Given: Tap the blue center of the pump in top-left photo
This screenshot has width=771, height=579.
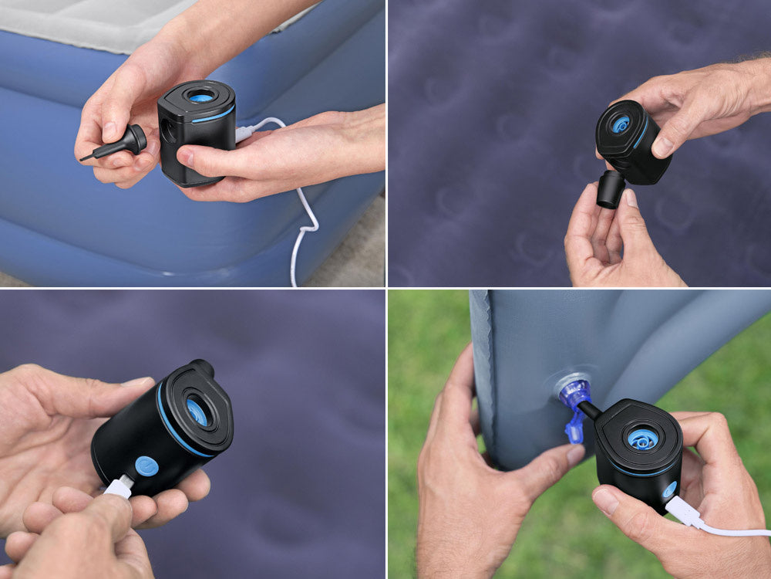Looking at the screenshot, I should point(200,96).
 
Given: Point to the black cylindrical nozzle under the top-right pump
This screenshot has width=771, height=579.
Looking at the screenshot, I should point(611,189).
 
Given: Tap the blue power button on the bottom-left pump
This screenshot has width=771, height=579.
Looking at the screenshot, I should point(146,466).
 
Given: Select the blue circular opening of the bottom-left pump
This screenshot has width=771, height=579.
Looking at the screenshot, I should point(197,412).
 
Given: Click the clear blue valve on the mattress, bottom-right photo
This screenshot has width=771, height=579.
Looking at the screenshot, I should point(574,390).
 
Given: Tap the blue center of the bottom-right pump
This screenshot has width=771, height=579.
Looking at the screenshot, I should point(641,438).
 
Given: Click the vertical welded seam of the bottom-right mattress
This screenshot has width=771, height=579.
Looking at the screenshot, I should point(482,371).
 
